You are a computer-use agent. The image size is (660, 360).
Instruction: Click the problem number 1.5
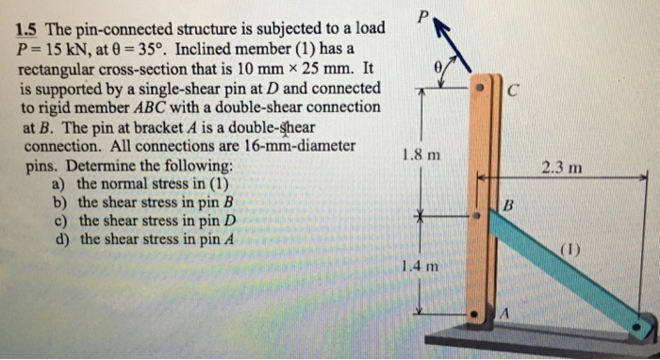(29, 28)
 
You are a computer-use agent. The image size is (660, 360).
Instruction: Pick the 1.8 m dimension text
(420, 155)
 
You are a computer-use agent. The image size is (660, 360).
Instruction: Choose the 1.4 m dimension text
(420, 266)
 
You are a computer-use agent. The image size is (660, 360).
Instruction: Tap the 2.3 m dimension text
(562, 169)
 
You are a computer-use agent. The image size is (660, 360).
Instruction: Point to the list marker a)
(62, 184)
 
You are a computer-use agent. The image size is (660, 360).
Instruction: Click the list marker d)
(62, 238)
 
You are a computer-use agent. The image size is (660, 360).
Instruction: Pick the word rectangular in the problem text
(59, 68)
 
